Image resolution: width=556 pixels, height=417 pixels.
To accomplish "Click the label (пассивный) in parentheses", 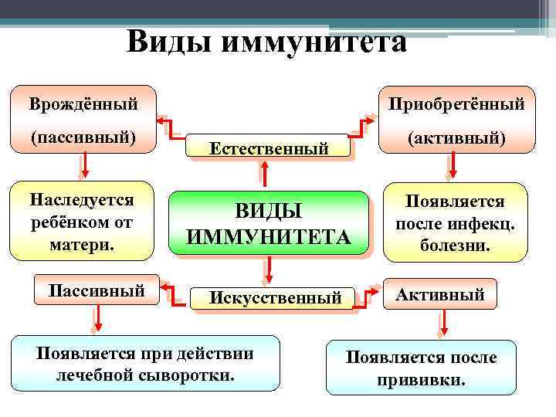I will pyautogui.click(x=83, y=138).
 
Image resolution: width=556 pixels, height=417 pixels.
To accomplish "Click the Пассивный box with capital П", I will pyautogui.click(x=97, y=292).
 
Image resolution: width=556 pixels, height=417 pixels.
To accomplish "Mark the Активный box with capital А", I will pyautogui.click(x=440, y=294).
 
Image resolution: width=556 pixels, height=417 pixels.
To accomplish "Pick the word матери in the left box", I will pyautogui.click(x=83, y=242).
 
